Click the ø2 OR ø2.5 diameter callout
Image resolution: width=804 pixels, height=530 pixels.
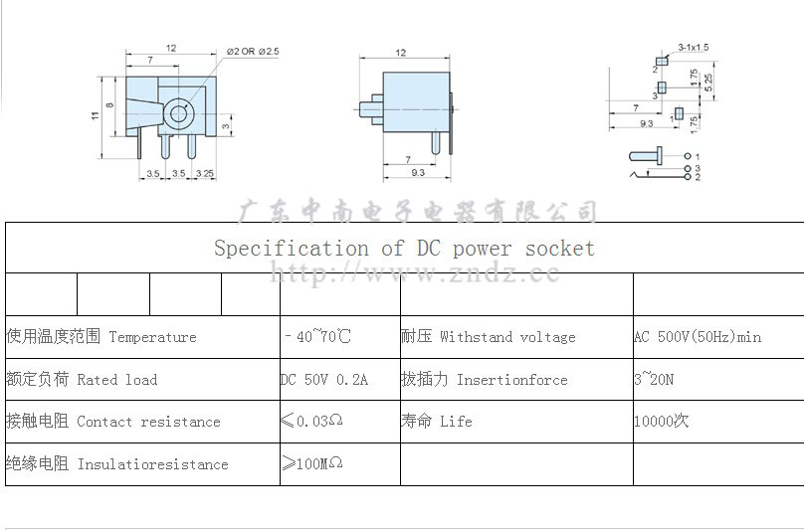coord(253,50)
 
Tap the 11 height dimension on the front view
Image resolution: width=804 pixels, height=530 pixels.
coord(96,116)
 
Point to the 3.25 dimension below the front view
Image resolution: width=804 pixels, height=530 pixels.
coord(205,174)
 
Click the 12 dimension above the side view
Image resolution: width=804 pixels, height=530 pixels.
coord(401,53)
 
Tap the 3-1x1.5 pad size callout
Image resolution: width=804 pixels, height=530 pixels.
coord(693,47)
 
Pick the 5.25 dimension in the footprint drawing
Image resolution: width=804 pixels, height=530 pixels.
coord(707,81)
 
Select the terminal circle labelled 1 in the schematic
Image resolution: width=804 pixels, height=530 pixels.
coord(688,157)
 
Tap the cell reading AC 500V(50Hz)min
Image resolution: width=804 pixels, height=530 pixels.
coord(698,337)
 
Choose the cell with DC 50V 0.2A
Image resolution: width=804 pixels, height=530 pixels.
coord(324,380)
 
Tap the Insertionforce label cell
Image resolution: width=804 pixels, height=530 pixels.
coord(485,380)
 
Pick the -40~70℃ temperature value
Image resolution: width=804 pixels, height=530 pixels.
coord(317,337)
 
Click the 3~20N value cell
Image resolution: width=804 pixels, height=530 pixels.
coord(654,380)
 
